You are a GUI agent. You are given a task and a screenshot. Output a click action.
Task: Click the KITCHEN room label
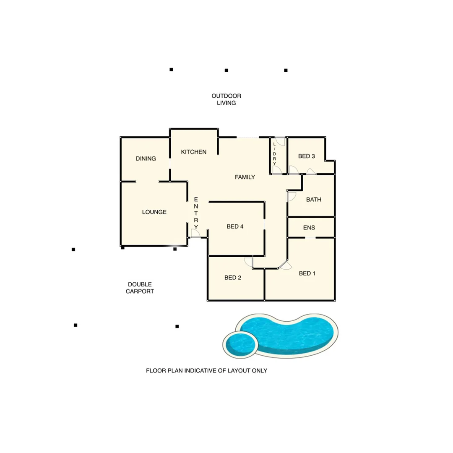pyautogui.click(x=193, y=152)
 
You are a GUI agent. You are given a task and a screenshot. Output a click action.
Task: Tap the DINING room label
pyautogui.click(x=146, y=159)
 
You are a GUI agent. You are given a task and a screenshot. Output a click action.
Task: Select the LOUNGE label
pyautogui.click(x=154, y=212)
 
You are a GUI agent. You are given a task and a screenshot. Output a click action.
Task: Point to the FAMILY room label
pyautogui.click(x=245, y=177)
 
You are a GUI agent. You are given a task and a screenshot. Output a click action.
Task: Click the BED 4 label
pyautogui.click(x=235, y=226)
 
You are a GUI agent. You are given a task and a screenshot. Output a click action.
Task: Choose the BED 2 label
pyautogui.click(x=233, y=277)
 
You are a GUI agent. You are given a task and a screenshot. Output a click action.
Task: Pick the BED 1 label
pyautogui.click(x=307, y=273)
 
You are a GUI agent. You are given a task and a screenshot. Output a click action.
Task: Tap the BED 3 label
pyautogui.click(x=306, y=156)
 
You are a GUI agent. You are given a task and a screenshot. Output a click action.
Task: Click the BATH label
pyautogui.click(x=313, y=200)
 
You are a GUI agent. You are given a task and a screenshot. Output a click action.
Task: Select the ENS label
pyautogui.click(x=309, y=228)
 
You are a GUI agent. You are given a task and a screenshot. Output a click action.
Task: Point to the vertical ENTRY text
pyautogui.click(x=196, y=213)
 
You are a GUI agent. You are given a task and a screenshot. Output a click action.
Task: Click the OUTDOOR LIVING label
pyautogui.click(x=226, y=99)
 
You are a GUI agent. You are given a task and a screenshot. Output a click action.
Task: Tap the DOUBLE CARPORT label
pyautogui.click(x=140, y=287)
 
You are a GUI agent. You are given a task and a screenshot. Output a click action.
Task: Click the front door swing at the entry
pyautogui.click(x=195, y=234)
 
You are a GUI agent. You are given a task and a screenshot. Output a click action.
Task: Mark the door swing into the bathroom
pyautogui.click(x=292, y=196)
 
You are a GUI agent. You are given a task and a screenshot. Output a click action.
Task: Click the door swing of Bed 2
pyautogui.click(x=249, y=262)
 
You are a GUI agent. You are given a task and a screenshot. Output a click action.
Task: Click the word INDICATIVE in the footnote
pyautogui.click(x=198, y=371)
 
